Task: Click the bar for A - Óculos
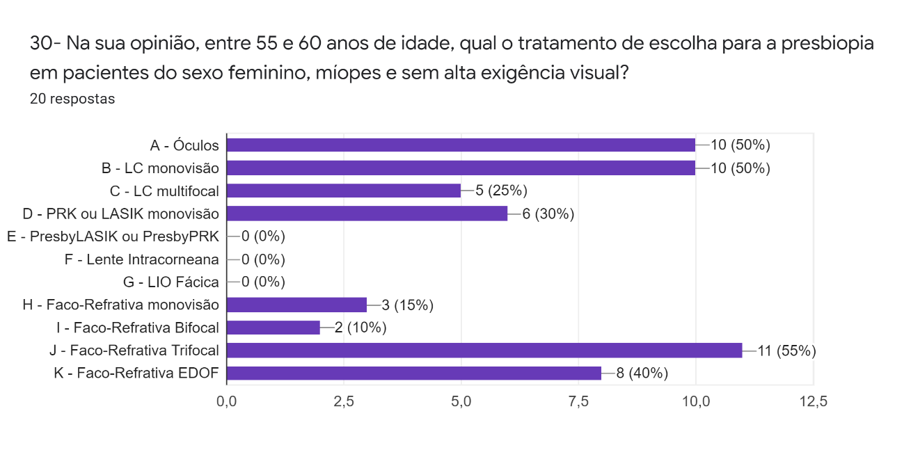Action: pyautogui.click(x=461, y=145)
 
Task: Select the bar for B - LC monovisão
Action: pyautogui.click(x=461, y=168)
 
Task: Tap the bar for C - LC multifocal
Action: pyautogui.click(x=344, y=191)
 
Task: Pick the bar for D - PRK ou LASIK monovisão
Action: pyautogui.click(x=367, y=214)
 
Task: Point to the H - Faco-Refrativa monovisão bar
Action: pyautogui.click(x=296, y=305)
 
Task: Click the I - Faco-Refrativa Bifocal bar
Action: pyautogui.click(x=273, y=328)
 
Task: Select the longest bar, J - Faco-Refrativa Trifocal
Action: pyautogui.click(x=484, y=351)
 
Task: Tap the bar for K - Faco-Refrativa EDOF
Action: pyautogui.click(x=414, y=373)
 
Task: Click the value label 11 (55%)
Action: pyautogui.click(x=786, y=351)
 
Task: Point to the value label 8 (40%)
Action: pyautogui.click(x=642, y=373)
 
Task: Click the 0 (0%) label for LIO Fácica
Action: pyautogui.click(x=263, y=282)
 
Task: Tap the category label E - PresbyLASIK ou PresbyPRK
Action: pyautogui.click(x=113, y=236)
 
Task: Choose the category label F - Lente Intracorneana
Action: pyautogui.click(x=141, y=259)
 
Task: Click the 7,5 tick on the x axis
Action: pyautogui.click(x=578, y=401)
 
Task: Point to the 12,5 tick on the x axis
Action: pyautogui.click(x=813, y=401)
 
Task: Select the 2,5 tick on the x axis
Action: pyautogui.click(x=344, y=401)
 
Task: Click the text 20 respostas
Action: pyautogui.click(x=72, y=99)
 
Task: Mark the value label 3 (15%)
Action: pyautogui.click(x=408, y=305)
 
